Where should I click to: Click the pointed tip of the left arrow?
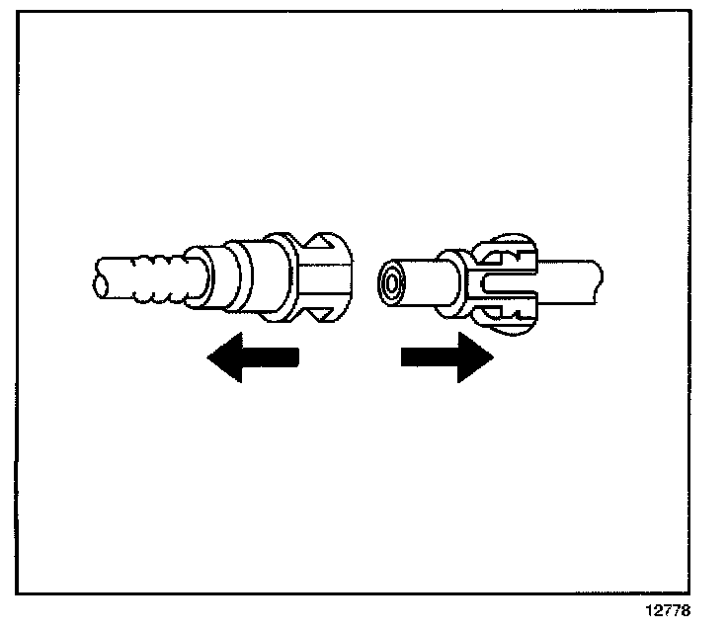209,357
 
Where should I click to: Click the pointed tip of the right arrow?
491,356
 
